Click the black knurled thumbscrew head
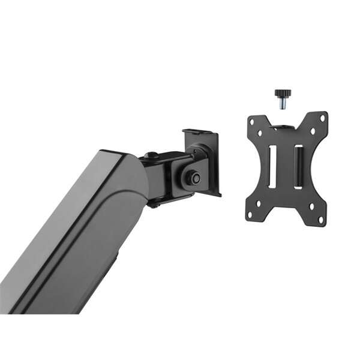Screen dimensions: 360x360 coord(282,93)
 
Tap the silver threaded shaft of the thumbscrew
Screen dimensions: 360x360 coord(282,104)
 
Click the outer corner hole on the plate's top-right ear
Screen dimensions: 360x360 coord(323,118)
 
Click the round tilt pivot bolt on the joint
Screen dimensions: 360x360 coord(192,177)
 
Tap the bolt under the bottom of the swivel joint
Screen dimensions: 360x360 coord(154,205)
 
